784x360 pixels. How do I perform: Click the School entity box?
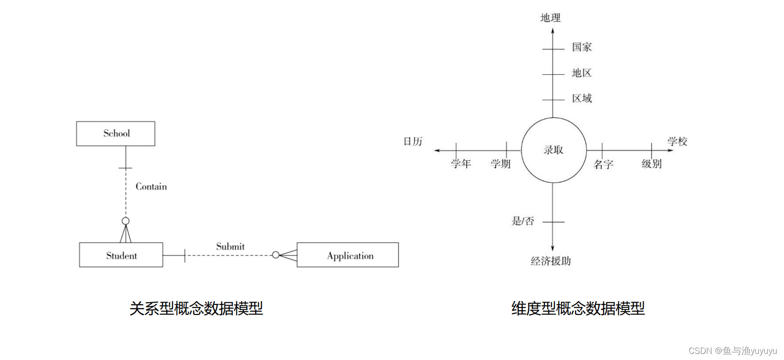tap(116, 133)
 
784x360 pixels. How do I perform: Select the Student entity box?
tap(121, 255)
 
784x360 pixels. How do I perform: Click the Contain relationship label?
tap(151, 187)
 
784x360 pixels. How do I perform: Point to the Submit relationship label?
tap(230, 246)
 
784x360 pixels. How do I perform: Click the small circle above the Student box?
tap(125, 221)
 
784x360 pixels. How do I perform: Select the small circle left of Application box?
tap(276, 255)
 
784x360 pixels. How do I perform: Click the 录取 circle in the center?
tap(553, 150)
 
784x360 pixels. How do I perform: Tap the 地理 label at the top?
tap(551, 18)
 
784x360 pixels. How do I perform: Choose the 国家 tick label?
tap(582, 47)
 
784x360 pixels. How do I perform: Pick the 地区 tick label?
tap(582, 73)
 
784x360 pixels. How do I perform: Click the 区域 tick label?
tap(582, 98)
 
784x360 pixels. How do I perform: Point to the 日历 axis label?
tap(413, 141)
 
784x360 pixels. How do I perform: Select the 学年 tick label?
tap(461, 164)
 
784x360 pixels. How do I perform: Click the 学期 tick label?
tap(500, 164)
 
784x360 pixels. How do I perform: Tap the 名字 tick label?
tap(603, 164)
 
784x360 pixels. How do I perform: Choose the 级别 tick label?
tap(652, 164)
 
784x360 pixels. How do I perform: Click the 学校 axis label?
tap(677, 141)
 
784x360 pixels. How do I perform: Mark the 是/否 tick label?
tap(522, 221)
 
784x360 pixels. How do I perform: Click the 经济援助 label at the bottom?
tap(551, 261)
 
